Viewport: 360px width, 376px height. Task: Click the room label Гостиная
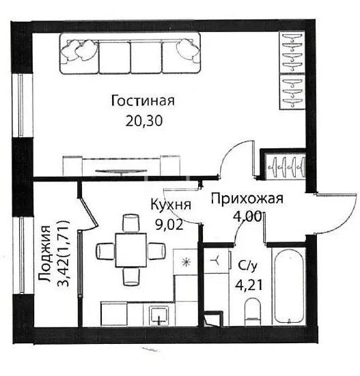tap(143, 102)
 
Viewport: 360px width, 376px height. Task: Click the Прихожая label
tap(247, 199)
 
